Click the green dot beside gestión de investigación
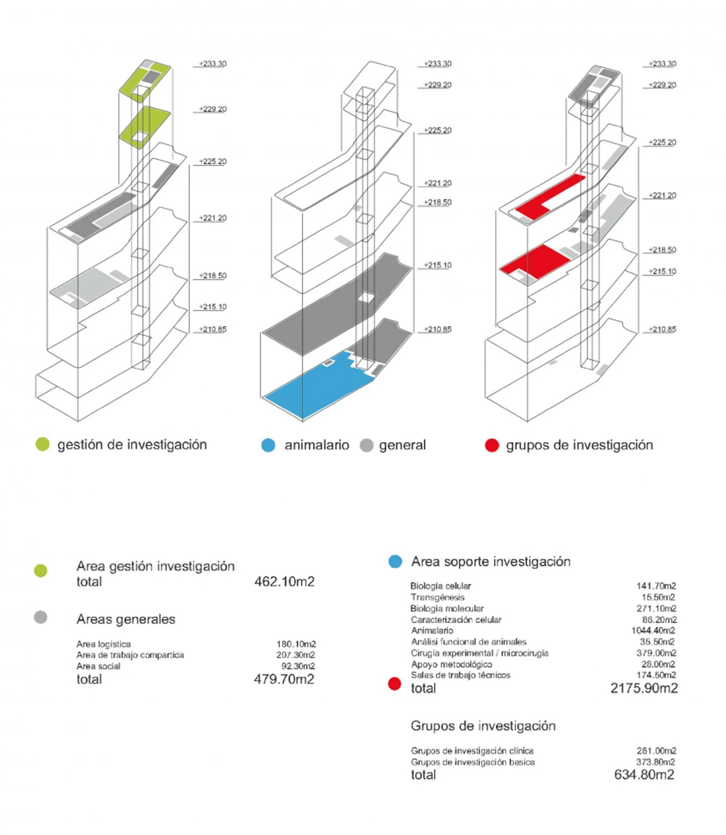click(43, 445)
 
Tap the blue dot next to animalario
click(268, 445)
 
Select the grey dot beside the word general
click(366, 445)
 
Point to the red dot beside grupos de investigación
click(492, 445)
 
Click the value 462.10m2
click(284, 582)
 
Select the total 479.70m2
click(284, 679)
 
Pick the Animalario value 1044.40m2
click(653, 631)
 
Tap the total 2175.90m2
click(644, 688)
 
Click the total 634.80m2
click(644, 775)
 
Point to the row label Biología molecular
click(447, 609)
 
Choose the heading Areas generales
click(126, 619)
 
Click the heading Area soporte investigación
click(491, 562)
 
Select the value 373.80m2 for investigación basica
click(655, 762)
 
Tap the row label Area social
click(98, 666)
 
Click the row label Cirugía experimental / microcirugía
click(479, 653)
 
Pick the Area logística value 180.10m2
click(296, 644)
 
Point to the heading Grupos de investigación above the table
click(483, 726)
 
